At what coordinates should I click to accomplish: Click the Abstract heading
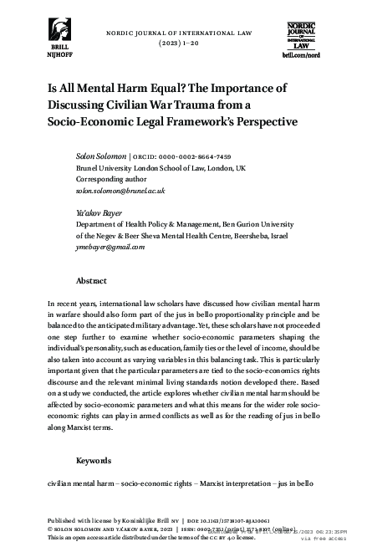coord(91,281)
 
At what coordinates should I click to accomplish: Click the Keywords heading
coord(94,460)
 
